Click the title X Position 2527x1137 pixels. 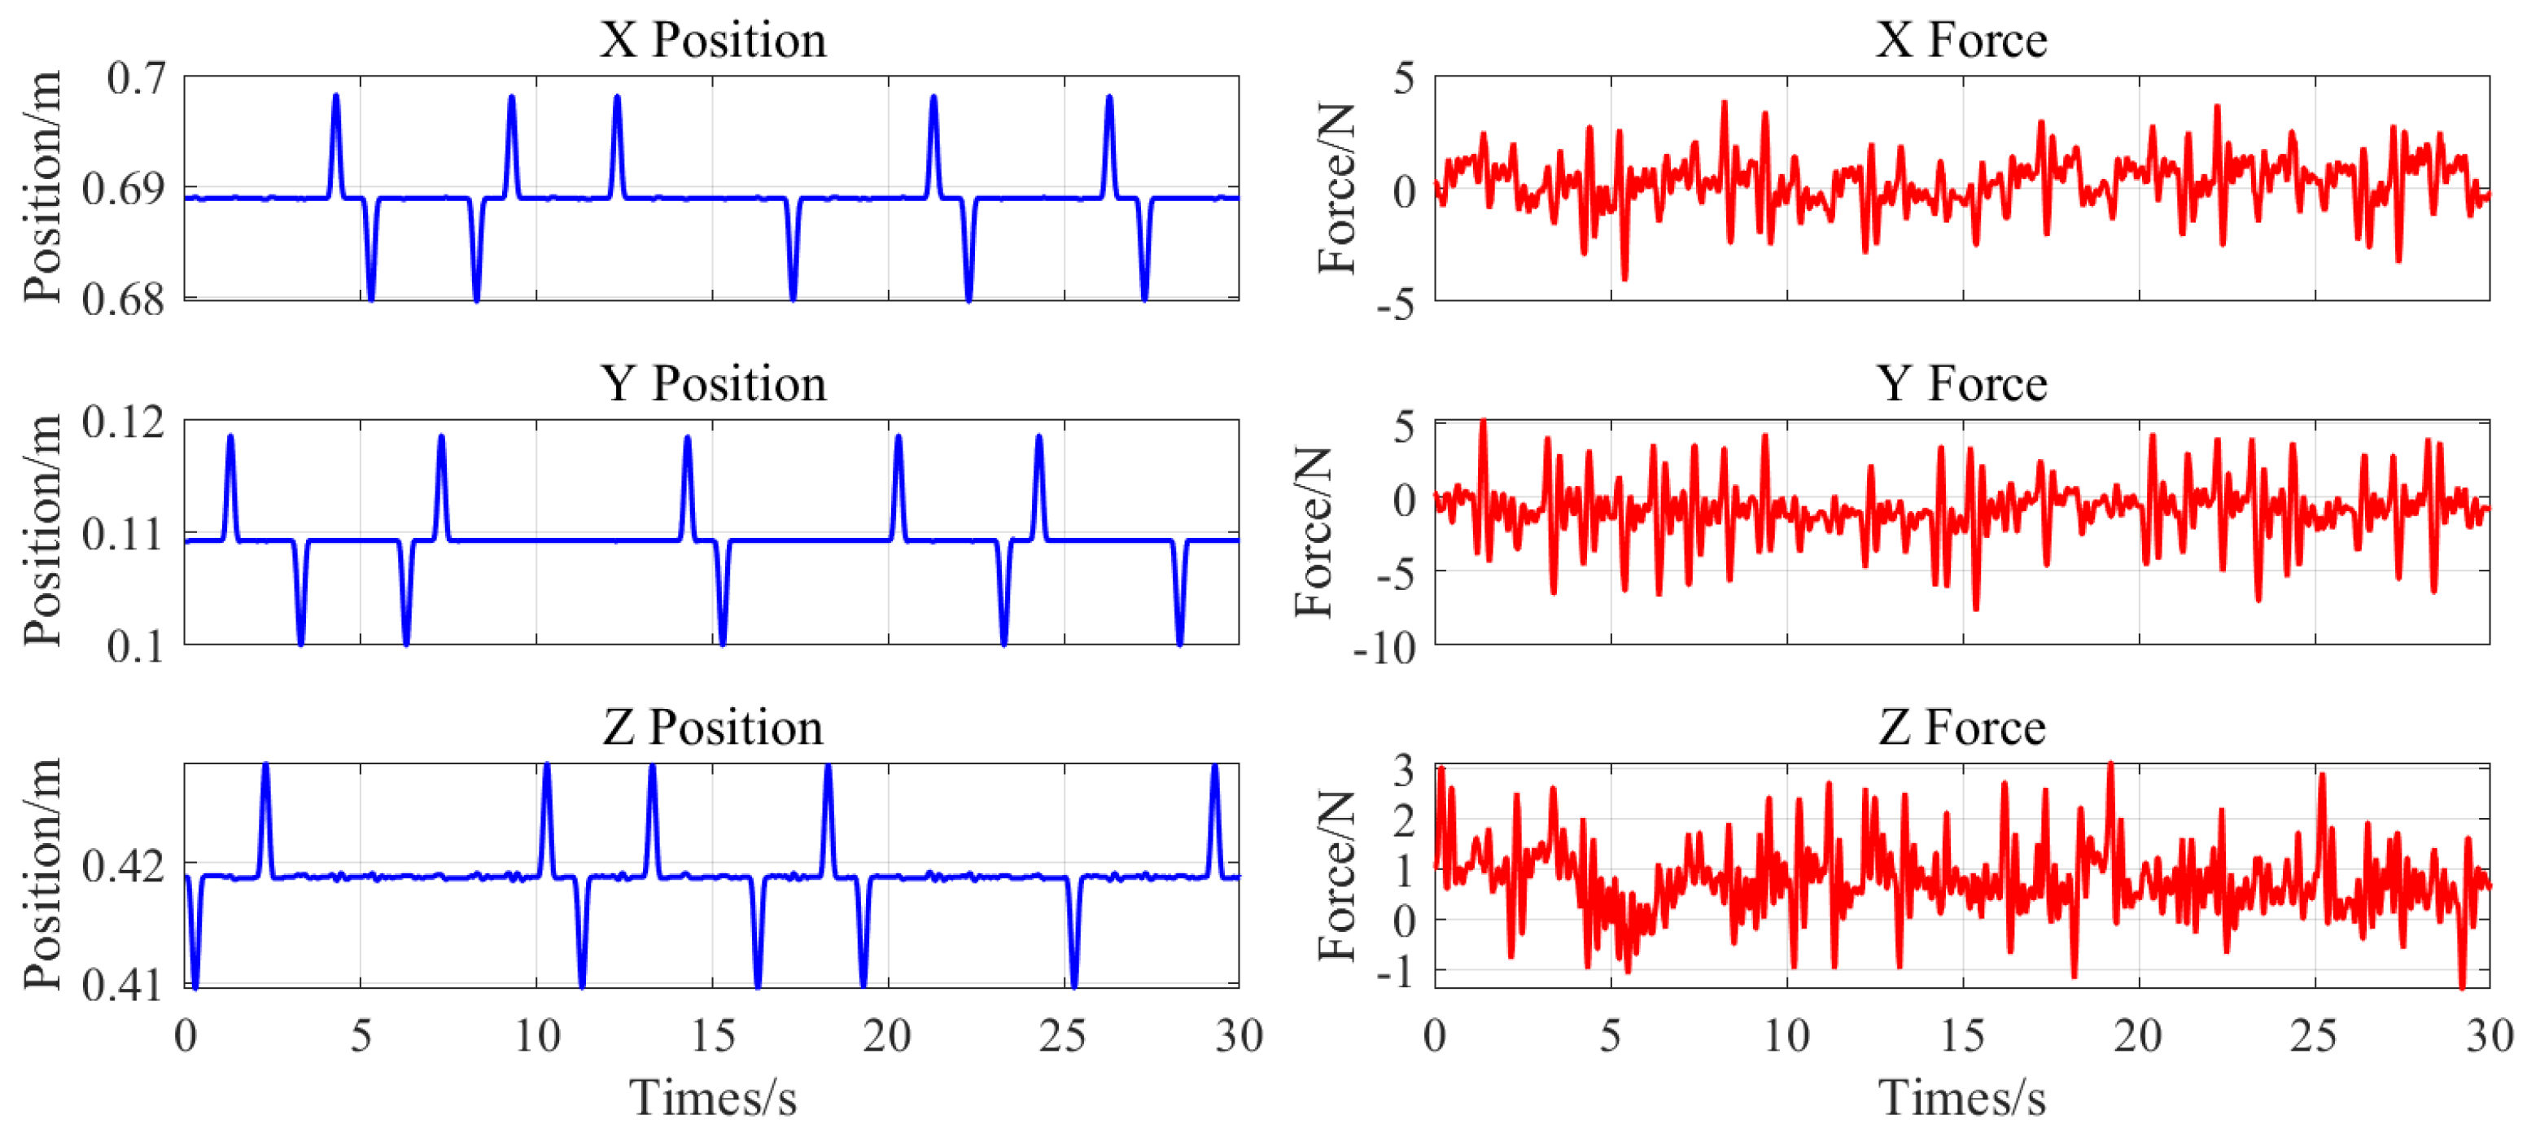(713, 42)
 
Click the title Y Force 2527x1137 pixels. (1962, 384)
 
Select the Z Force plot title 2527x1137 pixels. (1962, 728)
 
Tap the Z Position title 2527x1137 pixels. (713, 728)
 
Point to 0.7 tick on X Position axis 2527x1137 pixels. (137, 78)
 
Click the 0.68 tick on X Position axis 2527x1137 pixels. (123, 300)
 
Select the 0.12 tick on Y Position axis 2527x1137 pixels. (123, 423)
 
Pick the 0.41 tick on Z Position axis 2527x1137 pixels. (123, 984)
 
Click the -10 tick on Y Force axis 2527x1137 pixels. (1384, 649)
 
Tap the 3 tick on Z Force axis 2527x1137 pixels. (1404, 771)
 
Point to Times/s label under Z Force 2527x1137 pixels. (1962, 1098)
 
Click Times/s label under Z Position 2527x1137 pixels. (713, 1098)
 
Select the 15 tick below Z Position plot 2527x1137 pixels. (712, 1036)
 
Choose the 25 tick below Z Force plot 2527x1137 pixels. (2313, 1036)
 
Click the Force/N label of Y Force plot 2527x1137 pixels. (1314, 533)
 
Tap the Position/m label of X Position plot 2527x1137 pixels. (43, 187)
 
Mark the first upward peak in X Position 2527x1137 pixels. (336, 97)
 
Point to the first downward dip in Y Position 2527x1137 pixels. (300, 643)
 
